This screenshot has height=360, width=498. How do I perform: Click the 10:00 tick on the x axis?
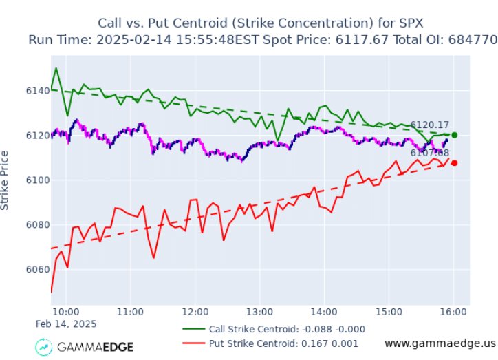point(67,312)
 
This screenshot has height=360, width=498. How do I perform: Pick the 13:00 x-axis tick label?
point(260,312)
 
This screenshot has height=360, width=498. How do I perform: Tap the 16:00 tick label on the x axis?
point(454,312)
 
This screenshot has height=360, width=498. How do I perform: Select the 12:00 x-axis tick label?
point(195,312)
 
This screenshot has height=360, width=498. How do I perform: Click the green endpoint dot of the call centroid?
point(454,135)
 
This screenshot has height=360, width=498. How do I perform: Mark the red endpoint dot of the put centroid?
point(454,163)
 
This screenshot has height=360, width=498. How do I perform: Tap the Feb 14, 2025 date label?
point(66,324)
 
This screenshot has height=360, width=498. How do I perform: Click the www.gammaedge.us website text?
point(440,343)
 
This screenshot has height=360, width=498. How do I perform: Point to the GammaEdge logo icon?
point(44,347)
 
